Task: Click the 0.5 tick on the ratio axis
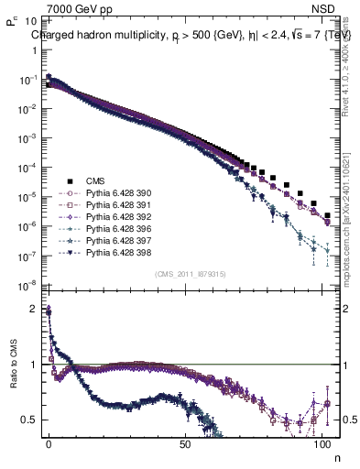29,420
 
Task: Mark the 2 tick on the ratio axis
34,309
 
